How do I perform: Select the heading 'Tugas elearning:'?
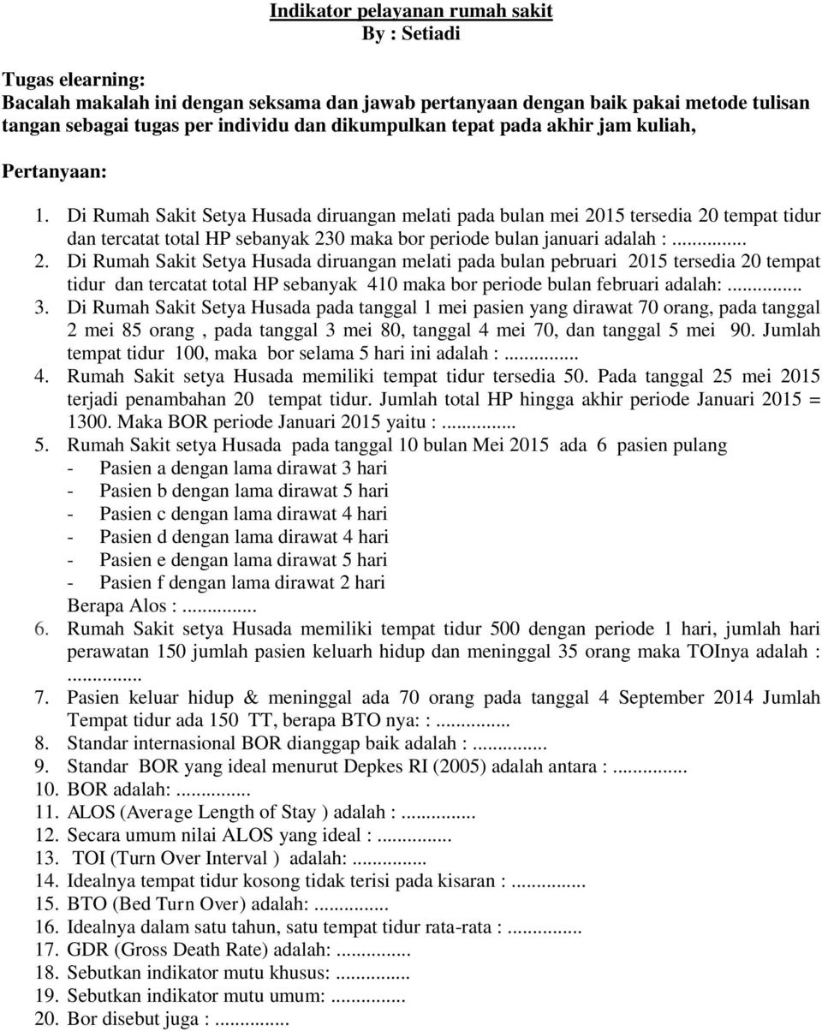[x=74, y=80]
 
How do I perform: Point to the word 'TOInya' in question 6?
[x=716, y=652]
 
